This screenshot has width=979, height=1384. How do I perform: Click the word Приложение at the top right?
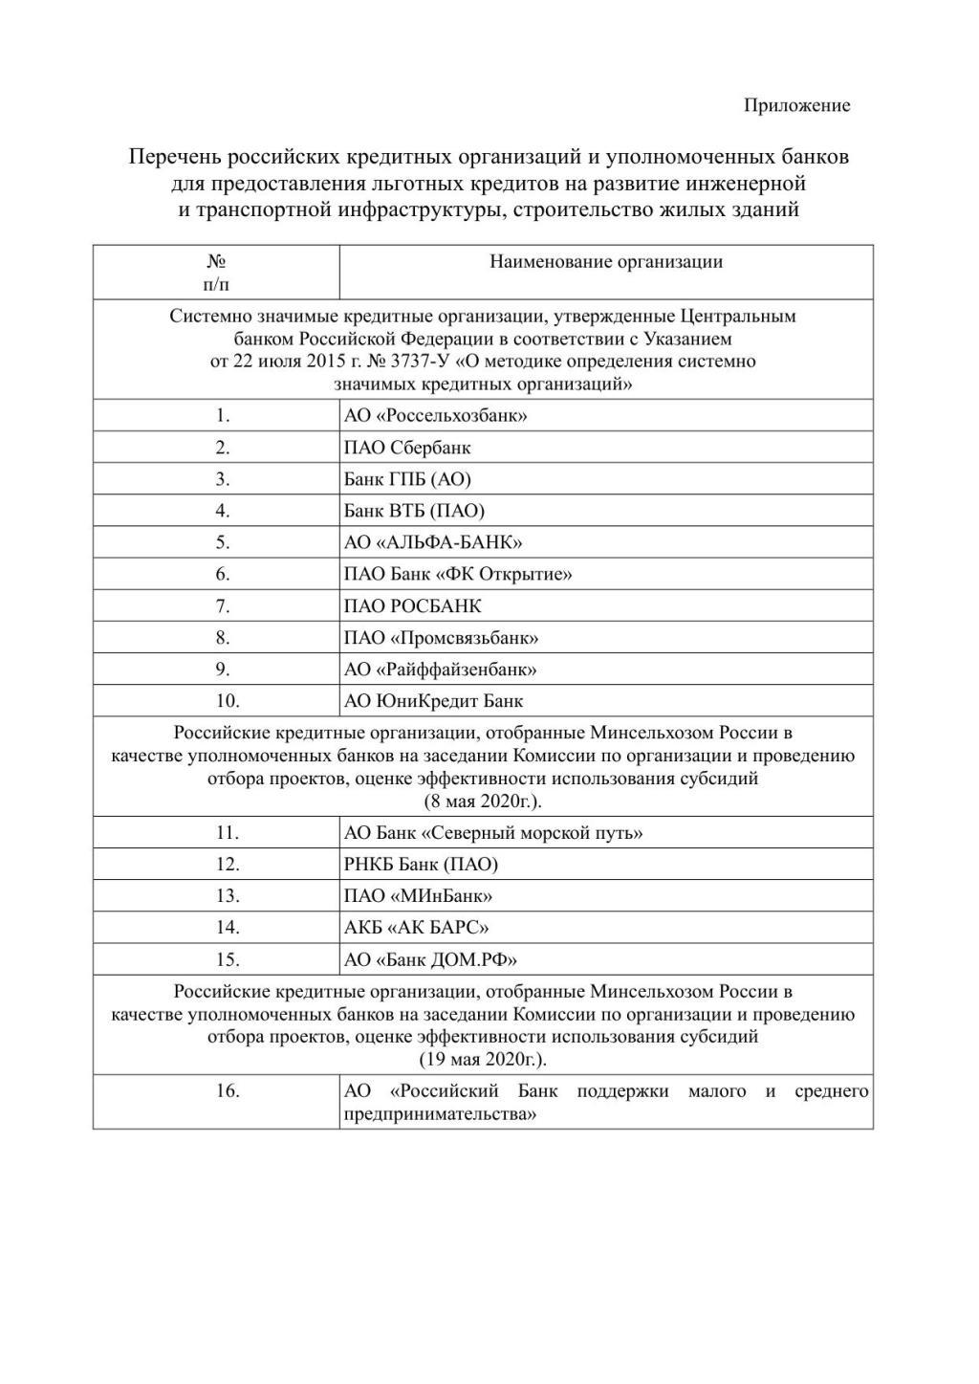click(x=796, y=105)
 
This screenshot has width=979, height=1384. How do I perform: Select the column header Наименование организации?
click(x=605, y=262)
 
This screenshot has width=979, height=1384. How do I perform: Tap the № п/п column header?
click(x=216, y=273)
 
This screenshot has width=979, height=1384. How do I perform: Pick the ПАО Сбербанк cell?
click(x=407, y=448)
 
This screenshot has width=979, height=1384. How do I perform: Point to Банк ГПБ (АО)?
click(x=407, y=479)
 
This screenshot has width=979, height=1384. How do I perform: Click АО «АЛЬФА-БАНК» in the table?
click(x=433, y=542)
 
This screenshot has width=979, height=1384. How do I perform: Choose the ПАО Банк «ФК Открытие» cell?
click(x=458, y=574)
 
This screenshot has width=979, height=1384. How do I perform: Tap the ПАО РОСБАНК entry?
click(x=413, y=605)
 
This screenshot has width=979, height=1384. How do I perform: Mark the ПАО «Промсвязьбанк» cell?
click(x=441, y=637)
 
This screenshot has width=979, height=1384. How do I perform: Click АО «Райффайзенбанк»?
click(x=440, y=669)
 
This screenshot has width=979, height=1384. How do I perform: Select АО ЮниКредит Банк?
click(x=433, y=700)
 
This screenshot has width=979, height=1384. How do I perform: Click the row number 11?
click(x=227, y=833)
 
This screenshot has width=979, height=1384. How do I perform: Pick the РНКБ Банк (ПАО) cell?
click(x=421, y=865)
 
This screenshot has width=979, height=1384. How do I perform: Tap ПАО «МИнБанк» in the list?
click(x=418, y=896)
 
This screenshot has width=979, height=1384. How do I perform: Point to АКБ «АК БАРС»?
click(x=416, y=928)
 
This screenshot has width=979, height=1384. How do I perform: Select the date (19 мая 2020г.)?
click(x=483, y=1060)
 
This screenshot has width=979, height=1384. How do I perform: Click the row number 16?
click(x=227, y=1091)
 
